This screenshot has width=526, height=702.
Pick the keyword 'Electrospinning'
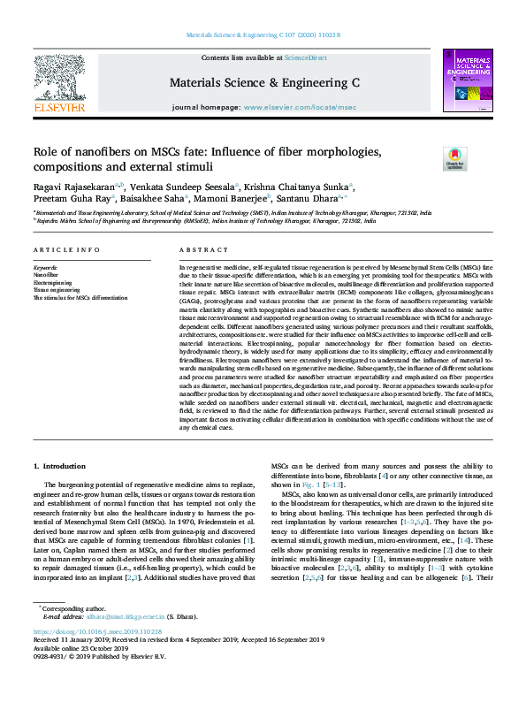tap(52, 281)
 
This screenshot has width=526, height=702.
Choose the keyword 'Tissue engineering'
tap(55, 289)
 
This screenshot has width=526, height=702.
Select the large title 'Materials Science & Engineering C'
tap(263, 82)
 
